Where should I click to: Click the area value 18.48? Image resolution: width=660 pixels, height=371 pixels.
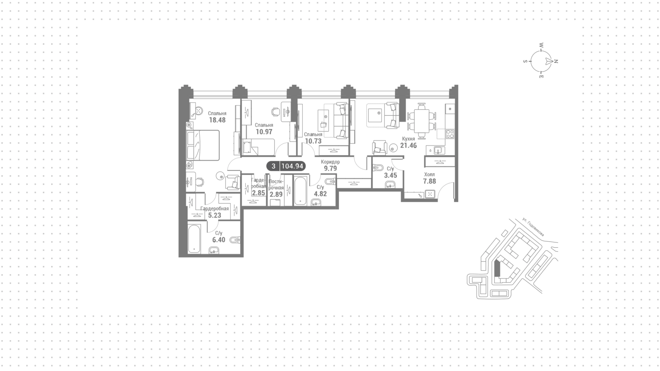point(217,120)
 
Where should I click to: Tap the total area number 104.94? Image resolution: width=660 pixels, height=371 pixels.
point(292,166)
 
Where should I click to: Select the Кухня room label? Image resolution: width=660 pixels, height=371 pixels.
point(408,139)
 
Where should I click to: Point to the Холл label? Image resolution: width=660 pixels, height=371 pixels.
point(429,174)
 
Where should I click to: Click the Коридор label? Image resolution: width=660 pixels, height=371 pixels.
point(330,162)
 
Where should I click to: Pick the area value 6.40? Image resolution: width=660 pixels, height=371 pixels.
point(219,240)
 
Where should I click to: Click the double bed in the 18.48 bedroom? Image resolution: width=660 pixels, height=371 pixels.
point(203,145)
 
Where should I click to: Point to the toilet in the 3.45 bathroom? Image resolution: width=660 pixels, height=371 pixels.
point(378,168)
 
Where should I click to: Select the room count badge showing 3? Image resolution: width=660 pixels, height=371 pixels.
point(274,166)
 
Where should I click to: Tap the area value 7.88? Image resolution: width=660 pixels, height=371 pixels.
point(429,181)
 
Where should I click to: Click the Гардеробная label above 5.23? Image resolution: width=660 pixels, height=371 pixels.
point(215,209)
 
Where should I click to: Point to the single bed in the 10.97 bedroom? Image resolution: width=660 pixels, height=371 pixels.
point(258,147)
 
